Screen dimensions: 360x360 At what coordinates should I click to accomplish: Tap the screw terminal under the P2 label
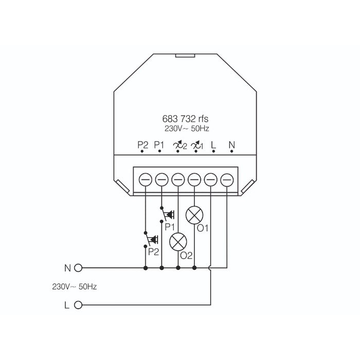coord(146,179)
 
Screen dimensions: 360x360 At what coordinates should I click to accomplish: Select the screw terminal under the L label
coord(211,179)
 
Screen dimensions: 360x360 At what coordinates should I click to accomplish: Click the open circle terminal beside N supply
coord(79,268)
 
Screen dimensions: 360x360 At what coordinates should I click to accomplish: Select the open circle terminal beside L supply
coord(79,304)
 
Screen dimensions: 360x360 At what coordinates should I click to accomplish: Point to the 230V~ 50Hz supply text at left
coord(75,286)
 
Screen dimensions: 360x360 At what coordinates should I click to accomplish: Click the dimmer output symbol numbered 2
coord(179,146)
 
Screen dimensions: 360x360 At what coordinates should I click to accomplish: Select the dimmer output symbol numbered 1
coord(196,146)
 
